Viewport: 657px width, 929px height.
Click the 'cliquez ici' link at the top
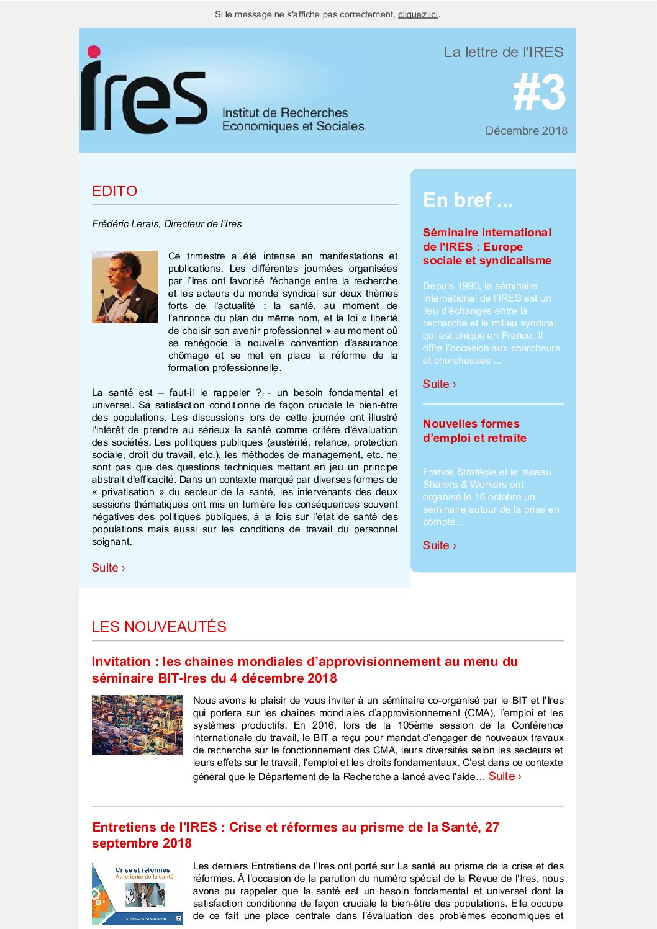(417, 14)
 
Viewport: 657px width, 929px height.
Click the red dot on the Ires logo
(94, 52)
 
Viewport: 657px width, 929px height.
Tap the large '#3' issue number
(539, 93)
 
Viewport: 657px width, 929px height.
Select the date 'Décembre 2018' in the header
(526, 131)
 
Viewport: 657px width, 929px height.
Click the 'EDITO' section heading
(114, 191)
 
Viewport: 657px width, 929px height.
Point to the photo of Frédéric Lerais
(125, 287)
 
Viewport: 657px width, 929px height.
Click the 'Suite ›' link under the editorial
(108, 568)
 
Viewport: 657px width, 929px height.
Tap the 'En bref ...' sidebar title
(468, 200)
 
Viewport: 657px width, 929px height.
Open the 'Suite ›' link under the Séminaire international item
(439, 384)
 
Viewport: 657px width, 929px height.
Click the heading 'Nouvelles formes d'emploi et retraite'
(474, 431)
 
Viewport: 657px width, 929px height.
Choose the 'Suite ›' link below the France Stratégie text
(439, 545)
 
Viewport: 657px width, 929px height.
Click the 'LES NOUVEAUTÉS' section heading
(159, 627)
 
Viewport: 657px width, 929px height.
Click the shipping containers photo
(137, 725)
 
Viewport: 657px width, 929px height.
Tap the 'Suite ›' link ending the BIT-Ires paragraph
(504, 776)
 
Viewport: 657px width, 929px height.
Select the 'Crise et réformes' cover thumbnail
(137, 893)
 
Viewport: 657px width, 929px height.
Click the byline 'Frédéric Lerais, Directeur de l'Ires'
(166, 224)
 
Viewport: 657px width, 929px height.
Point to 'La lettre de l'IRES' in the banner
(503, 52)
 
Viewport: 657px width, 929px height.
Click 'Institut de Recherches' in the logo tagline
(285, 113)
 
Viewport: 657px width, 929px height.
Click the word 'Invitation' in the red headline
(121, 662)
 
